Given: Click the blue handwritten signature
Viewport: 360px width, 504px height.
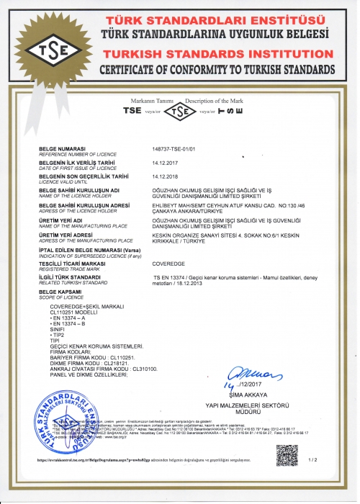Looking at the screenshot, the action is (x=246, y=374).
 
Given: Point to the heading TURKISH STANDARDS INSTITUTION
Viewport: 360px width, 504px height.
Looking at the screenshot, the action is (x=215, y=54).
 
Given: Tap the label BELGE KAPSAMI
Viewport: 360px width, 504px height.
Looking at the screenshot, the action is (x=62, y=291).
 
